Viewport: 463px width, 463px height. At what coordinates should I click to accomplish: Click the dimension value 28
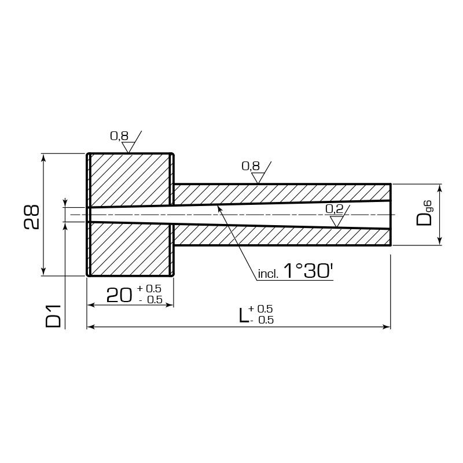31,216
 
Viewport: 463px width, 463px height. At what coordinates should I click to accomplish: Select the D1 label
53,316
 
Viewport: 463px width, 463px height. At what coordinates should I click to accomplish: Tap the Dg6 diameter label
424,213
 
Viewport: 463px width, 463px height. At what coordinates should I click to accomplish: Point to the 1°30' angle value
308,270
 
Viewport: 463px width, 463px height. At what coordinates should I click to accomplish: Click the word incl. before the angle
268,274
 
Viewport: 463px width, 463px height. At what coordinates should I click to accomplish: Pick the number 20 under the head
119,295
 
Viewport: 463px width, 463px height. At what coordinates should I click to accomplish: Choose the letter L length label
243,315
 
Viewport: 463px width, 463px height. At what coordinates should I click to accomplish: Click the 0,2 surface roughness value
335,209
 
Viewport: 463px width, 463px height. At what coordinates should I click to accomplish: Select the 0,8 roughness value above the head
119,136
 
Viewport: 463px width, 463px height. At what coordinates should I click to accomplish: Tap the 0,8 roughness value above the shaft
251,166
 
